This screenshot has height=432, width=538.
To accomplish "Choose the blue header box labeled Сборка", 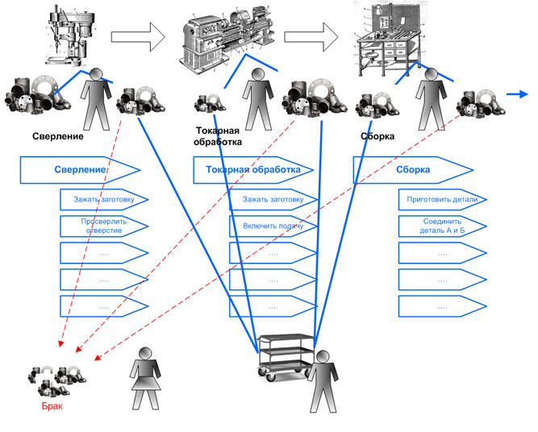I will tap(412, 170).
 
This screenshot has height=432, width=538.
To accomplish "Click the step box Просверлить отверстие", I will tap(102, 225).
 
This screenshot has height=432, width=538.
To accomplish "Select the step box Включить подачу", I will tap(273, 225).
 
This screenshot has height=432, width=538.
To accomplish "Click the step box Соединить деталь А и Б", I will tap(441, 225).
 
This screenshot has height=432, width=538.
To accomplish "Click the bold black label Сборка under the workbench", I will tap(377, 137).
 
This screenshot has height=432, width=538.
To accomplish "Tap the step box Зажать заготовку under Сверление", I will tap(102, 199).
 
